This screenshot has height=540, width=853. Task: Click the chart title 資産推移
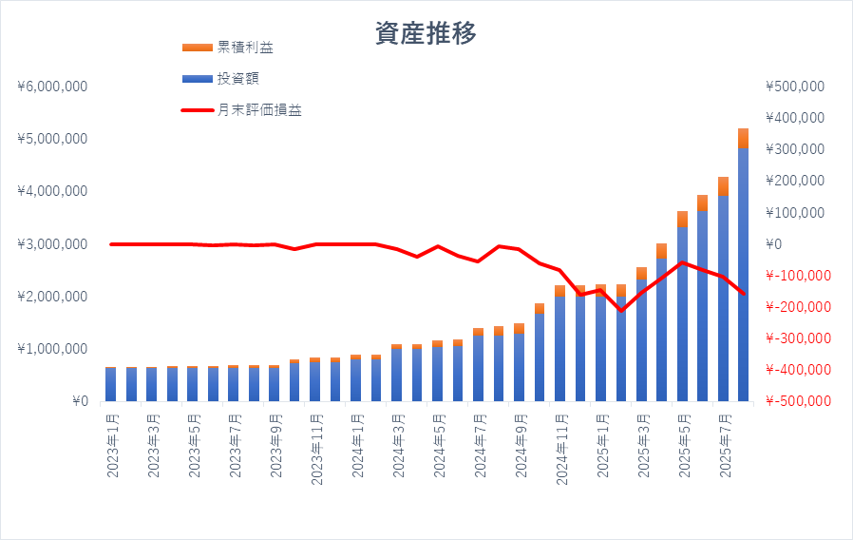coord(426,33)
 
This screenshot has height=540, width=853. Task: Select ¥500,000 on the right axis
coord(793,87)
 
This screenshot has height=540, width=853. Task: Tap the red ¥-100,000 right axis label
coord(796,276)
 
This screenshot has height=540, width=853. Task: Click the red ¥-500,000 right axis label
coord(796,401)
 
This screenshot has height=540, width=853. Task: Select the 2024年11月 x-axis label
coord(560,446)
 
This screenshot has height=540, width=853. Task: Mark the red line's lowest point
coord(621,311)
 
